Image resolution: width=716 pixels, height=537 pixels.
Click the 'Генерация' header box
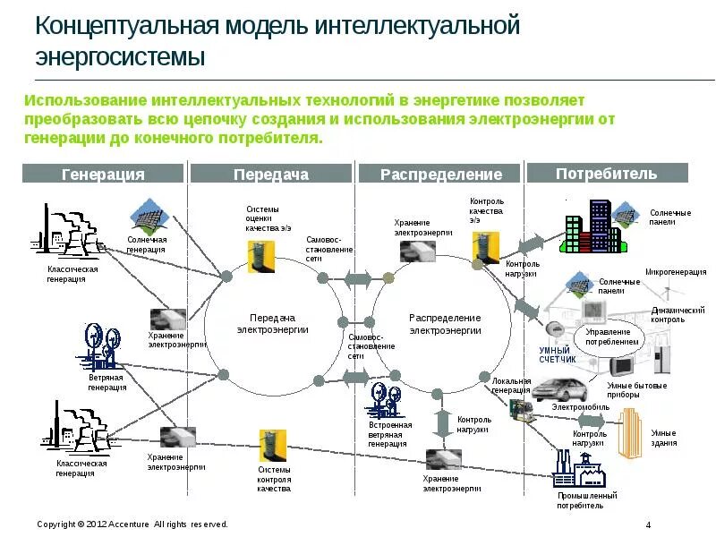point(102,175)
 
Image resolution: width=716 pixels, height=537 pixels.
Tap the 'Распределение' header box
point(441,175)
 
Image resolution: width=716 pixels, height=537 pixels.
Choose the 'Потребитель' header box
point(607,174)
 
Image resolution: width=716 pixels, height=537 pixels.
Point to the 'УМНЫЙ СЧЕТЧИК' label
point(558,354)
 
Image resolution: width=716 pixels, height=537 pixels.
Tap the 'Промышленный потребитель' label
point(586,500)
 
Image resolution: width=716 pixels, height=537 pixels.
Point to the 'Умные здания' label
point(664,438)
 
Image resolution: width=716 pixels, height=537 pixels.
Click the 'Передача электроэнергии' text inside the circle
point(272,323)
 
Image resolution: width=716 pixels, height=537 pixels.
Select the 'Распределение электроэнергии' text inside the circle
point(445,323)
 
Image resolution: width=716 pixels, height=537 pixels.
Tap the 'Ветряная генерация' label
point(107,383)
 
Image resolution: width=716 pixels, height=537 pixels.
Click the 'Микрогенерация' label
point(676,271)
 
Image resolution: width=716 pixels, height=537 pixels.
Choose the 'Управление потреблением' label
point(612,337)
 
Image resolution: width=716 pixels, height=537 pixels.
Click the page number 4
point(648,524)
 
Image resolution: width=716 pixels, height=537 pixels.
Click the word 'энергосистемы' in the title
point(121,57)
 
